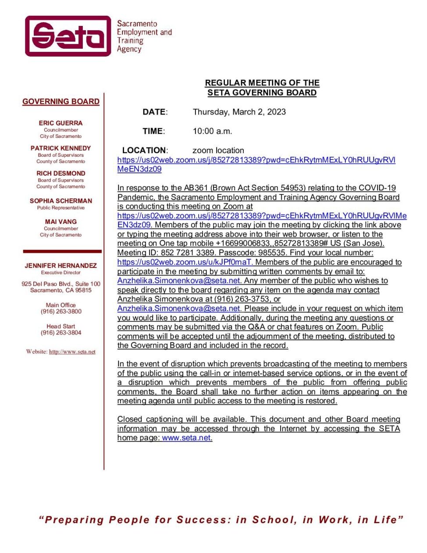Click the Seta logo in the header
coord(68,36)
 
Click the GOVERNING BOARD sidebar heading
coord(61,102)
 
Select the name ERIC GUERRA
coord(60,123)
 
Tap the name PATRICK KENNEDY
coord(60,148)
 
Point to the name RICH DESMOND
coord(60,173)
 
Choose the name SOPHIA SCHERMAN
coord(60,201)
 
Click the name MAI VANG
coord(60,222)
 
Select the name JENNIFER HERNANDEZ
coord(60,266)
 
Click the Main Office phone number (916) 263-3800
coord(61,312)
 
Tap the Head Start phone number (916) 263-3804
coord(61,333)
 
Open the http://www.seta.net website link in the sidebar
coord(72,352)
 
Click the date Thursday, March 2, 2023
coord(239,112)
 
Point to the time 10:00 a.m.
coord(212,131)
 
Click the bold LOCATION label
coord(144,151)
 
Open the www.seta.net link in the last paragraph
coord(186,438)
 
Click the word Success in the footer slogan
coord(204,520)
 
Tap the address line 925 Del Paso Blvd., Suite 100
coord(61,284)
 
